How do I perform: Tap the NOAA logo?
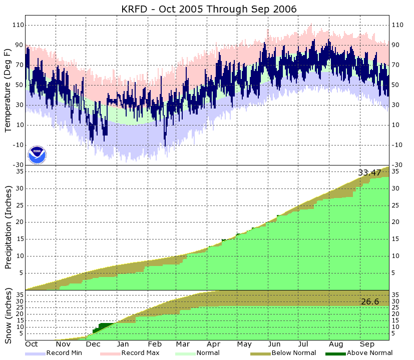pyautogui.click(x=37, y=154)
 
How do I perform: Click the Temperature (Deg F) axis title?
pyautogui.click(x=8, y=90)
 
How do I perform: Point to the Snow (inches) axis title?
pyautogui.click(x=8, y=315)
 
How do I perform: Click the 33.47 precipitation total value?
pyautogui.click(x=369, y=172)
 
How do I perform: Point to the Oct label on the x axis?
pyautogui.click(x=32, y=344)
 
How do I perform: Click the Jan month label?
pyautogui.click(x=123, y=344)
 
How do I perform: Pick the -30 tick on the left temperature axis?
pyautogui.click(x=19, y=165)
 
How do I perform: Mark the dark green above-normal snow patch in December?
pyautogui.click(x=102, y=327)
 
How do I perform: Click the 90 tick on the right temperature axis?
pyautogui.click(x=398, y=45)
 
